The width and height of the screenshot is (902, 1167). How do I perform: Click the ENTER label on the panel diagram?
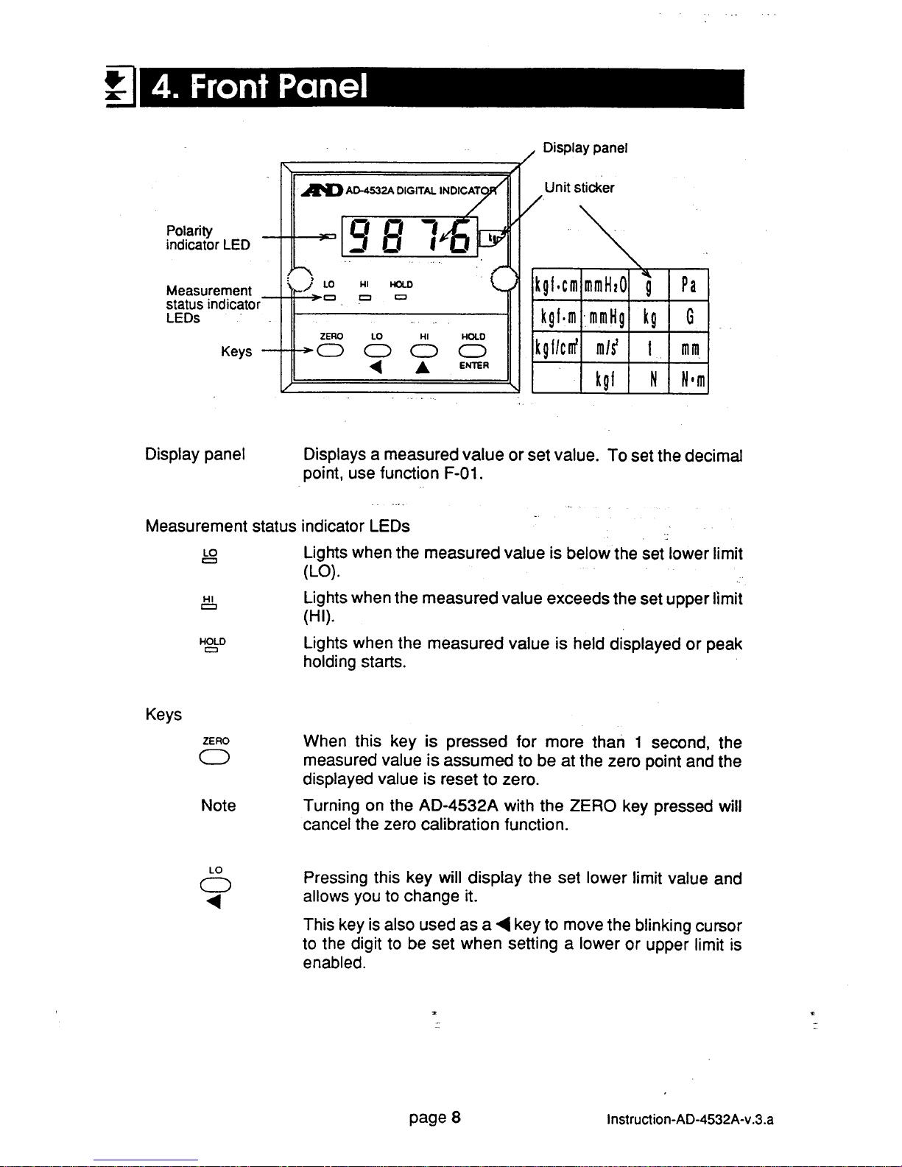coord(473,365)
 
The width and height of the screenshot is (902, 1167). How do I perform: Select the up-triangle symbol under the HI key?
coord(423,367)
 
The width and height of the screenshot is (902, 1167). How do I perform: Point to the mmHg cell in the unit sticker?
coord(604,318)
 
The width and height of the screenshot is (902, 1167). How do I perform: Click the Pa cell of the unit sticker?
coord(688,285)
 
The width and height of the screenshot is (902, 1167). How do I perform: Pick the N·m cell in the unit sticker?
coord(688,380)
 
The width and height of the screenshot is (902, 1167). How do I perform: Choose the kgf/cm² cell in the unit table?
coord(556,349)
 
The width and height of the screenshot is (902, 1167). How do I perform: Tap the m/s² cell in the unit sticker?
coord(604,349)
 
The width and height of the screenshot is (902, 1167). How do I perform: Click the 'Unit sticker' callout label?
coord(579,188)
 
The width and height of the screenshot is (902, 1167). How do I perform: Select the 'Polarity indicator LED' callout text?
coord(208,238)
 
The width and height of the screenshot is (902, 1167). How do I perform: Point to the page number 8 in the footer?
coord(457,1118)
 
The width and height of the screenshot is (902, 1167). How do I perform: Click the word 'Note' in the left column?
coord(218,805)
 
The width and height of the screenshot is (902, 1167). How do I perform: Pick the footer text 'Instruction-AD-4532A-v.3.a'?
coord(690,1121)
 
